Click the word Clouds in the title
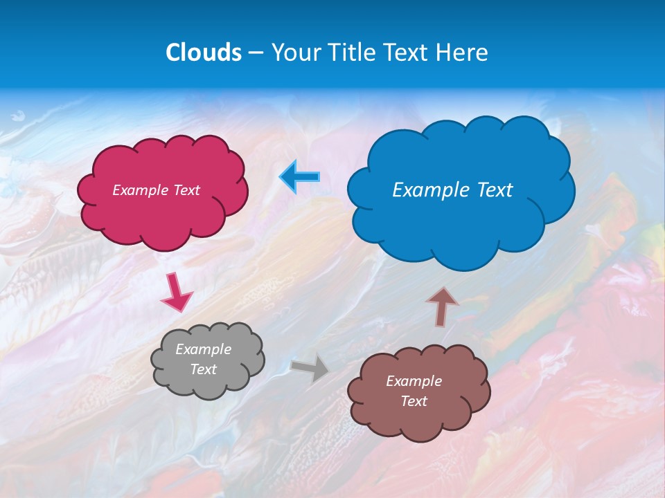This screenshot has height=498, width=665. click(x=204, y=53)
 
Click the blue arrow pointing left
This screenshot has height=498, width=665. click(x=300, y=177)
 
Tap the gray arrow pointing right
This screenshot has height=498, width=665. click(x=311, y=368)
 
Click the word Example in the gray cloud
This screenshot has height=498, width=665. click(x=203, y=350)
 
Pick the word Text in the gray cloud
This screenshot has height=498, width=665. click(x=203, y=369)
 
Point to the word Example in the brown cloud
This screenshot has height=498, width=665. click(x=414, y=381)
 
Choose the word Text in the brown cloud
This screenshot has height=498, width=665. click(x=414, y=401)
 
